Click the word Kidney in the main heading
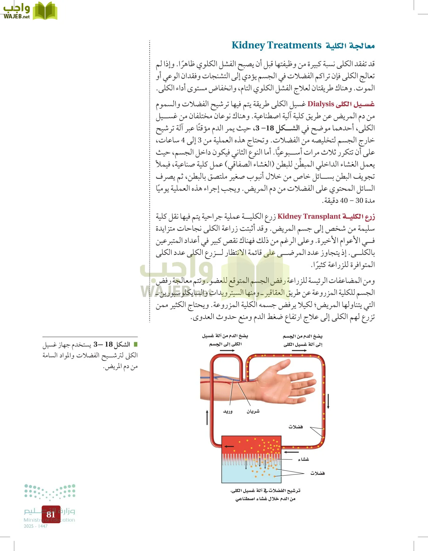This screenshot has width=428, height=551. click(x=248, y=45)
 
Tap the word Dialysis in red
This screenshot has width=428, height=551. click(x=320, y=104)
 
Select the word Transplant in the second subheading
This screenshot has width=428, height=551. click(x=322, y=216)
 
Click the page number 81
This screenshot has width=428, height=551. click(x=51, y=514)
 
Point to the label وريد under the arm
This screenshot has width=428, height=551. click(x=228, y=411)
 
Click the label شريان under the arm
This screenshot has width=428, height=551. click(x=253, y=411)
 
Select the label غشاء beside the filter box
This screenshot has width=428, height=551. click(x=303, y=459)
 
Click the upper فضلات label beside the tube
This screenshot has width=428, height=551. click(x=296, y=427)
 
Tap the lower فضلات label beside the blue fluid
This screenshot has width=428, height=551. click(x=317, y=473)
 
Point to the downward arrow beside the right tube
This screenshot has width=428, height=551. click(x=328, y=401)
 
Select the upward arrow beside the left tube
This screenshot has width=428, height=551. click(x=207, y=418)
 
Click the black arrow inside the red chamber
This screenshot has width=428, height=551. click(x=229, y=446)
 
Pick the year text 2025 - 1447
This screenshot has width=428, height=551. click(x=36, y=526)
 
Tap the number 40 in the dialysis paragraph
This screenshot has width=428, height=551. click(x=344, y=201)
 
